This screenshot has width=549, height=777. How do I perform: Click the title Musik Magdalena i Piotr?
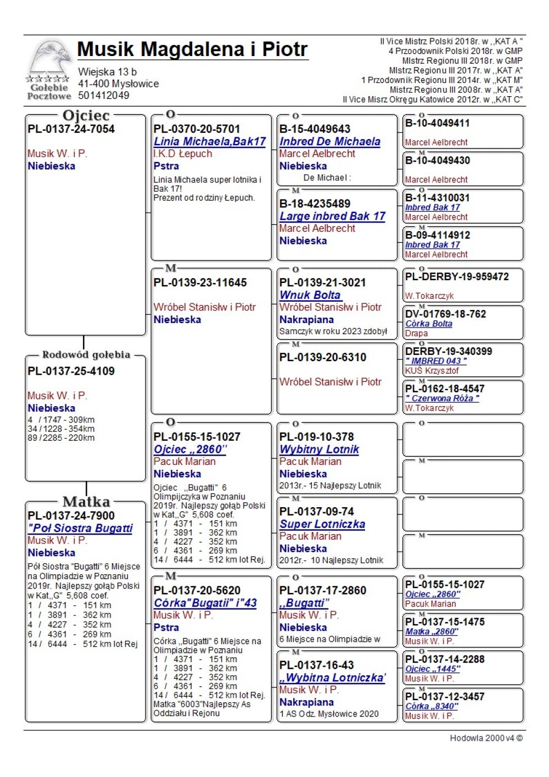click(x=192, y=49)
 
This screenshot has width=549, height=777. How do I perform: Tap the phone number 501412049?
click(x=104, y=96)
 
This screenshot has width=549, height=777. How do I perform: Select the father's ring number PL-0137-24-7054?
click(x=71, y=129)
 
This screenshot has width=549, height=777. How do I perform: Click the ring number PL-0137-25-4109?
click(x=71, y=371)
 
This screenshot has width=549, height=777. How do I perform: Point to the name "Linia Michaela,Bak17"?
click(x=210, y=142)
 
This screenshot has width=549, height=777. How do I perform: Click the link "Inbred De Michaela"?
click(x=329, y=142)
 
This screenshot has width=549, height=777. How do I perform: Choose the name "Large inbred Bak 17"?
click(x=332, y=217)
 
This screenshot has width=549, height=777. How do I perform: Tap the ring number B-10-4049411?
click(x=438, y=123)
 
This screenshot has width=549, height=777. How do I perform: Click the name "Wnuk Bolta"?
click(x=310, y=295)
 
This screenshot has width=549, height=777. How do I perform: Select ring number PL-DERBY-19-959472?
click(x=457, y=277)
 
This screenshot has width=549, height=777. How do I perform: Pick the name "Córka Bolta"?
click(x=428, y=324)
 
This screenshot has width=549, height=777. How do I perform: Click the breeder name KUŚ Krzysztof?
click(x=432, y=371)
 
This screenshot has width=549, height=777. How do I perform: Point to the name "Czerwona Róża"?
click(x=442, y=398)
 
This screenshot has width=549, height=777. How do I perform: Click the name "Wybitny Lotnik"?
click(x=319, y=449)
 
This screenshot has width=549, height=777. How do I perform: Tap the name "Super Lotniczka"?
click(x=322, y=524)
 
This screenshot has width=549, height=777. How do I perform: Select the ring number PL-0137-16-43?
click(x=317, y=665)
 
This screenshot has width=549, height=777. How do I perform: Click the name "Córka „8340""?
click(x=431, y=706)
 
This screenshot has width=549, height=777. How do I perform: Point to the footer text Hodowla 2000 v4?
click(x=486, y=738)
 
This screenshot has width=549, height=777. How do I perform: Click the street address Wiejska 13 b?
click(x=108, y=72)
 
